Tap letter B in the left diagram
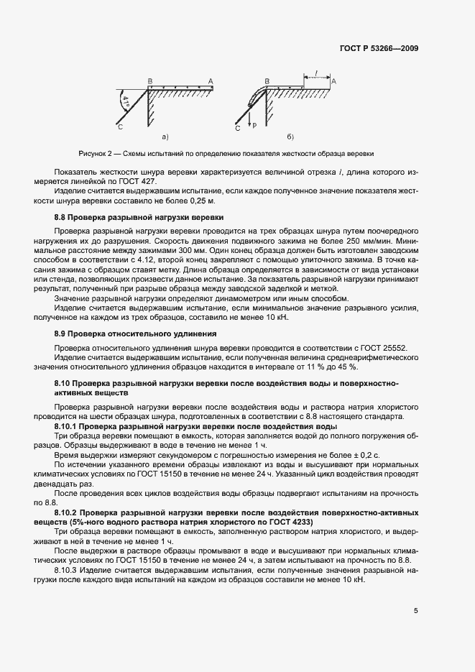click(x=149, y=81)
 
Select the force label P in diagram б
click(x=254, y=124)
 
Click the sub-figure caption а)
click(x=165, y=136)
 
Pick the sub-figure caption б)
click(x=290, y=136)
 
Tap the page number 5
click(x=417, y=612)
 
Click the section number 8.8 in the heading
click(x=61, y=216)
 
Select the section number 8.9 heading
click(x=61, y=334)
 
